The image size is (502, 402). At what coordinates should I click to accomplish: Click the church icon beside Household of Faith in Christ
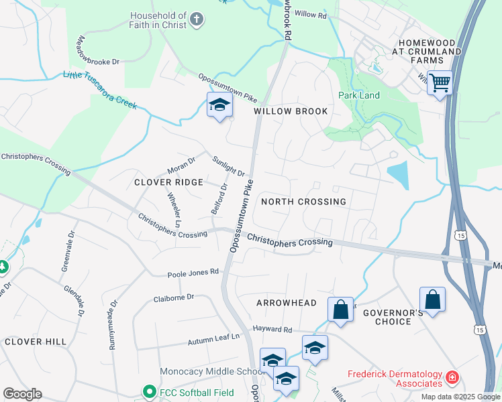click(197, 19)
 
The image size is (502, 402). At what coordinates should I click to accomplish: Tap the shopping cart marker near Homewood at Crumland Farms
click(440, 84)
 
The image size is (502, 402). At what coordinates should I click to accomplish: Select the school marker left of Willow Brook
click(219, 105)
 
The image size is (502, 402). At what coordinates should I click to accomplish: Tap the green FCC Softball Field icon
click(149, 391)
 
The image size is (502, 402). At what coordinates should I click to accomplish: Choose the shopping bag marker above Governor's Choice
click(433, 300)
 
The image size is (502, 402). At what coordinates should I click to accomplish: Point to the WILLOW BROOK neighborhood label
click(291, 111)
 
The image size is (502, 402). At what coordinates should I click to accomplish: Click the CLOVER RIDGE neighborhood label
click(168, 182)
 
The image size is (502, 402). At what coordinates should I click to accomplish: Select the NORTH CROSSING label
click(303, 202)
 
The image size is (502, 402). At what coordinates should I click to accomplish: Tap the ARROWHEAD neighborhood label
click(286, 303)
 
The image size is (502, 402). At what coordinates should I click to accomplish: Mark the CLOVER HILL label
click(36, 342)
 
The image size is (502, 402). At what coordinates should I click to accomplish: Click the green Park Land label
click(359, 95)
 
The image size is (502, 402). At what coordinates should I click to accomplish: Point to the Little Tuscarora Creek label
click(100, 91)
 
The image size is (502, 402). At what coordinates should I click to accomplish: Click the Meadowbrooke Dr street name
click(98, 50)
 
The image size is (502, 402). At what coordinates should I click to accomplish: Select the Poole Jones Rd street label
click(193, 272)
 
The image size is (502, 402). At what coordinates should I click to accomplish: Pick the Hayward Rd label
click(272, 330)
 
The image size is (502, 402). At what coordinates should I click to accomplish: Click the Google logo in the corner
click(22, 394)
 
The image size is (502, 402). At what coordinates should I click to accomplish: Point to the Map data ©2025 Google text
click(460, 397)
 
